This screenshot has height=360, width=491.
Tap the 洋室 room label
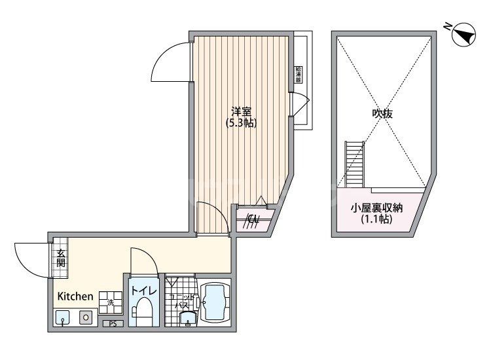(x=241, y=111)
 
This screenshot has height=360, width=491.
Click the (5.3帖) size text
(x=240, y=122)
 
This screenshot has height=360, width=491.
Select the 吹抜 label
(x=382, y=113)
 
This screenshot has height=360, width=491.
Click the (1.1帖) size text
(x=376, y=220)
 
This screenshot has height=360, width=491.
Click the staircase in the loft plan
(x=354, y=164)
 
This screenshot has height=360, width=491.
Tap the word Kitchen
(x=75, y=297)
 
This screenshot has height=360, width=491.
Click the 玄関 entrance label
(x=60, y=258)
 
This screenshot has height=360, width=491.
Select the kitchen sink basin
(x=63, y=318)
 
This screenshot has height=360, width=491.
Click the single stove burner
(x=86, y=317)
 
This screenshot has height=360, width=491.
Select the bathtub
(x=215, y=303)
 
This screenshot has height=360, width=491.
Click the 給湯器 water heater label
(x=299, y=73)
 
